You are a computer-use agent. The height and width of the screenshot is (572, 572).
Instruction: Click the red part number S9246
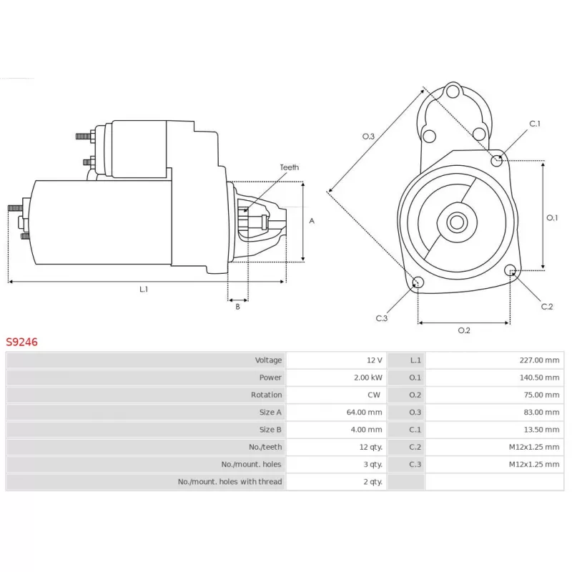[x=21, y=342]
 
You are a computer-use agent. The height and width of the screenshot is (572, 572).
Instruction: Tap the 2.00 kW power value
[x=368, y=378]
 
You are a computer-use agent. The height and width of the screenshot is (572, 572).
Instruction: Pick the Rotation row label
[x=266, y=395]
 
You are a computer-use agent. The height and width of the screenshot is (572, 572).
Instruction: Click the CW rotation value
[x=374, y=395]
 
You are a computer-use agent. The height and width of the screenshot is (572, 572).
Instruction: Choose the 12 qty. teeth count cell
[x=370, y=447]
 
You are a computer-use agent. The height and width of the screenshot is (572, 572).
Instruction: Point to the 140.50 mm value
[x=539, y=378]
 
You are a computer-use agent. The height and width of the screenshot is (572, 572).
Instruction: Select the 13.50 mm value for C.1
[x=541, y=430]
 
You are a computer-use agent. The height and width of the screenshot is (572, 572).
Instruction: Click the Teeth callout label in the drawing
[x=290, y=167]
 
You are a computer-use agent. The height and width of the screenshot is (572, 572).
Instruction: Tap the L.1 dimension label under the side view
[x=144, y=290]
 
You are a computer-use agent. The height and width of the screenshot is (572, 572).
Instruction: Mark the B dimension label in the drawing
[x=238, y=307]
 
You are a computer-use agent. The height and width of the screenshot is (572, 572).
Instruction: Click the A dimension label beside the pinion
[x=312, y=221]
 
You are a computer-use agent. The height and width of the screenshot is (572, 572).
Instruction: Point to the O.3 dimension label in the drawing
[x=368, y=137]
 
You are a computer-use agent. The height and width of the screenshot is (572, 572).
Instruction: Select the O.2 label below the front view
[x=464, y=330]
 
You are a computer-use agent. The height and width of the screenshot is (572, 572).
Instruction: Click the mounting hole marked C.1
[x=496, y=160]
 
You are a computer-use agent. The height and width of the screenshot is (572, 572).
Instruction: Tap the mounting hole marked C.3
[x=418, y=282]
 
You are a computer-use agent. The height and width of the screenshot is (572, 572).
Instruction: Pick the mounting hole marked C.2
[x=511, y=271]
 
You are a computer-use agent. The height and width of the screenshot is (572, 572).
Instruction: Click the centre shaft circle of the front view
[x=457, y=222]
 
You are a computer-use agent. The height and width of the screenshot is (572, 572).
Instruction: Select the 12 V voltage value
[x=374, y=360]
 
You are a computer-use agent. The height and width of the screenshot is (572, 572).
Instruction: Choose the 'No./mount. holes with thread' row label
[x=230, y=481]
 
